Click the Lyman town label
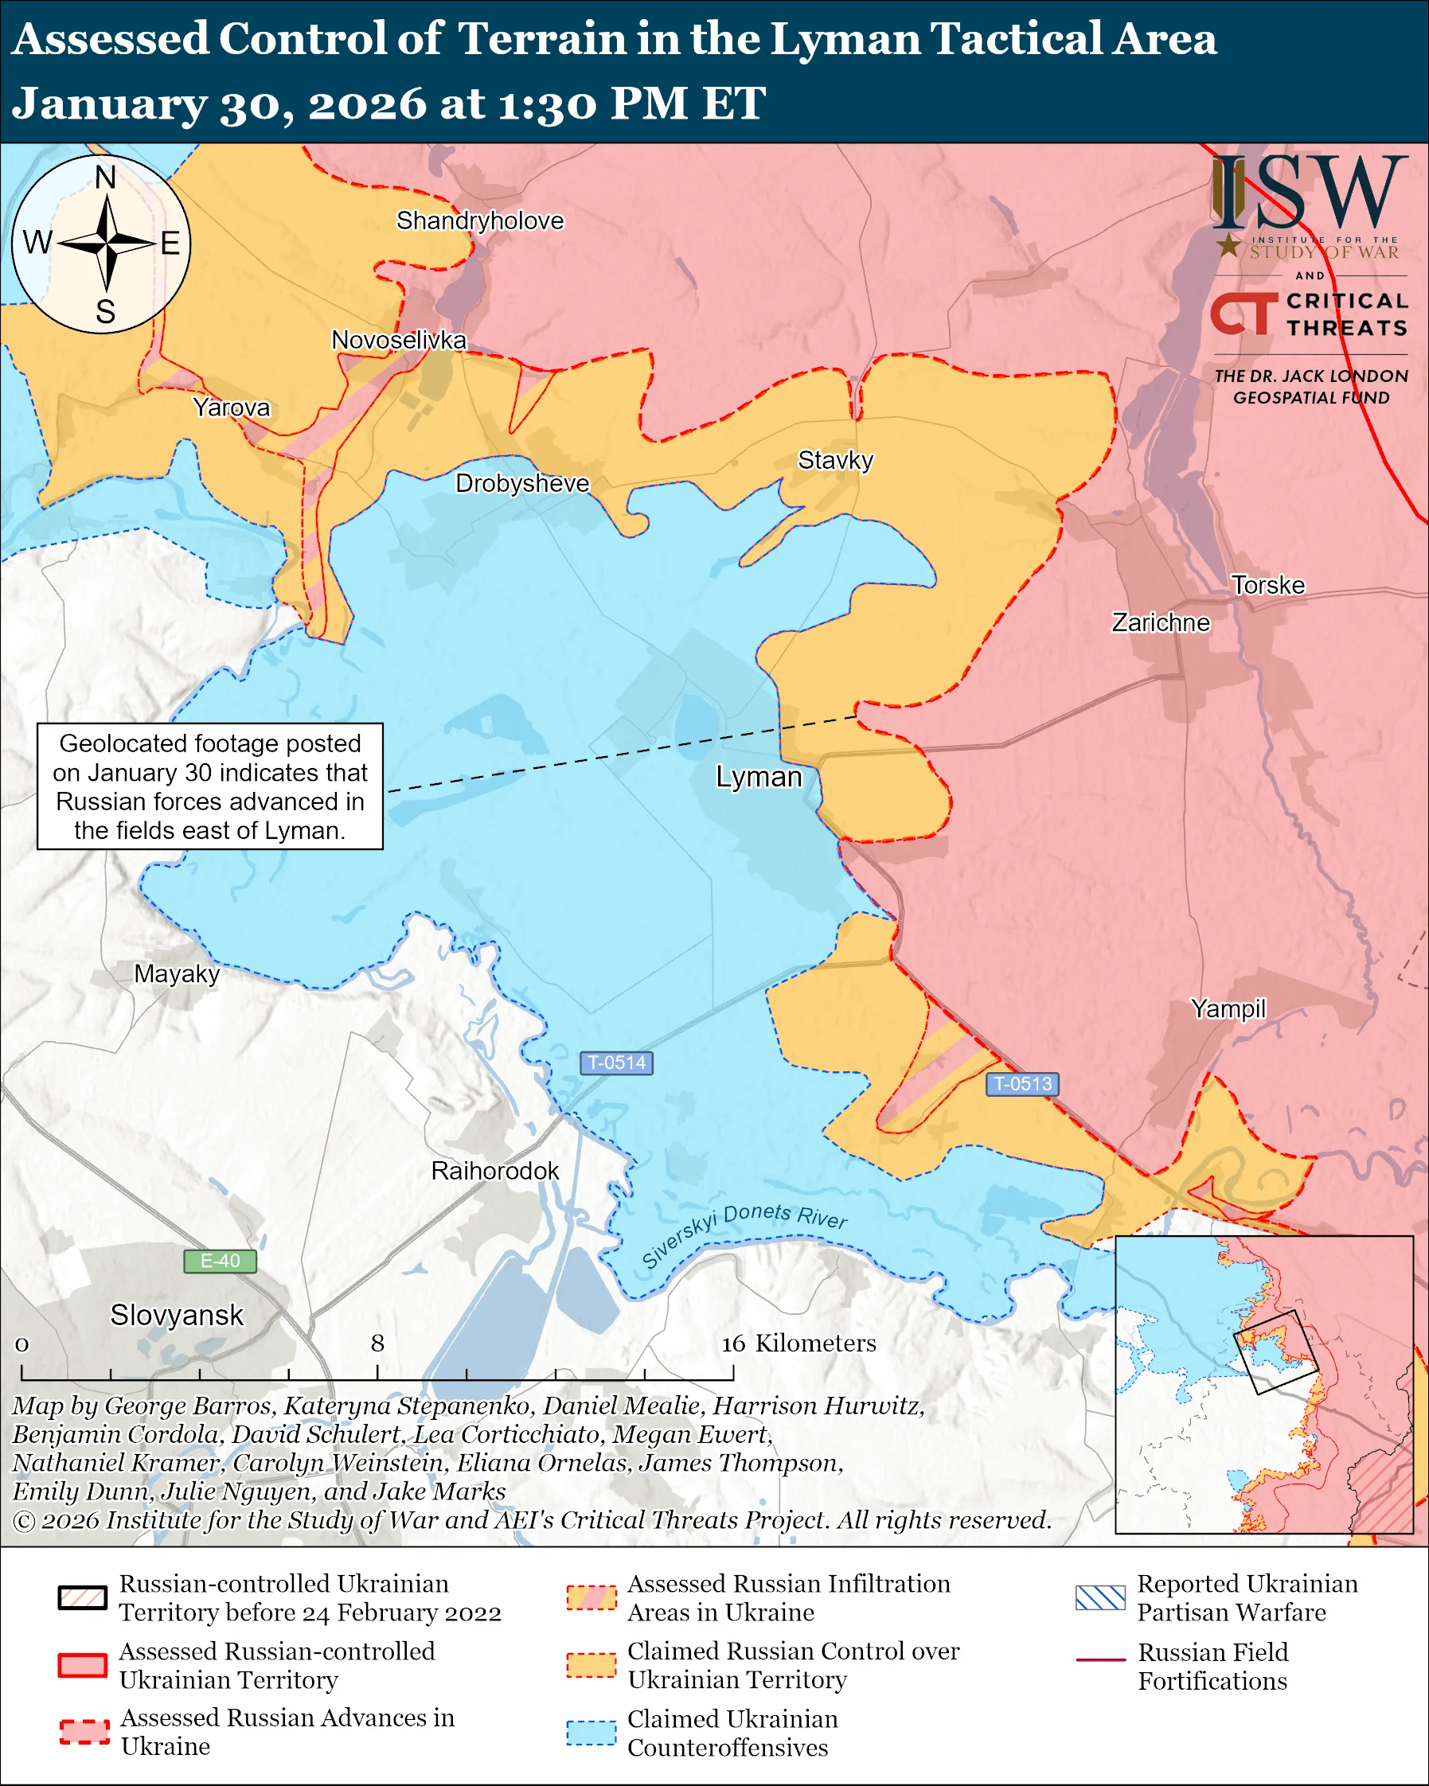tap(758, 777)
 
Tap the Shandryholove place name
tap(479, 220)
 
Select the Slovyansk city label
tap(177, 1315)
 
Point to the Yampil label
tap(1228, 1008)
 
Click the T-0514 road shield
tap(616, 1063)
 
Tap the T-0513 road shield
tap(1022, 1083)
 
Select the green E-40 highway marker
tap(220, 1261)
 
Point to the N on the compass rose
tap(105, 177)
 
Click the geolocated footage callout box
tap(209, 786)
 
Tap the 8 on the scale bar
tap(378, 1343)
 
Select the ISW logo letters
tap(1309, 195)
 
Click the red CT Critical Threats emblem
tap(1244, 314)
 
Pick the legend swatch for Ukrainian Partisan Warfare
tap(1100, 1597)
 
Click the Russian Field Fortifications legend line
tap(1100, 1660)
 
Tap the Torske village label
tap(1267, 585)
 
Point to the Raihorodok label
tap(494, 1171)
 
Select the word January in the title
tap(109, 103)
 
